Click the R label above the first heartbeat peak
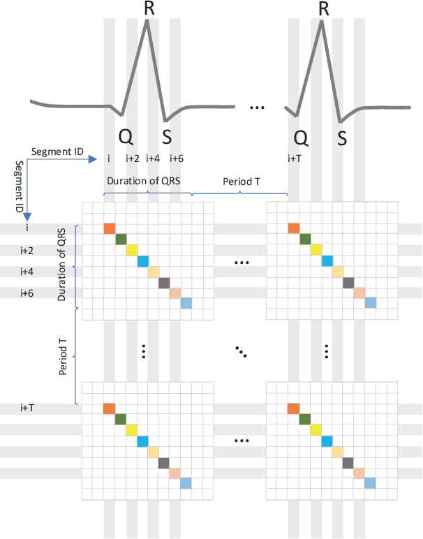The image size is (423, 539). pyautogui.click(x=148, y=9)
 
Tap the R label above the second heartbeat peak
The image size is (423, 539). pyautogui.click(x=323, y=9)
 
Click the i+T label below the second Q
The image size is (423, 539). pyautogui.click(x=294, y=158)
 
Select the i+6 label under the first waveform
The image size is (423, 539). pyautogui.click(x=177, y=158)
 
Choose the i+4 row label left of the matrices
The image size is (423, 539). pyautogui.click(x=27, y=272)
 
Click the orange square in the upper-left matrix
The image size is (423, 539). pyautogui.click(x=109, y=228)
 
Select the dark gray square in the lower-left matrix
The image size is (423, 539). pyautogui.click(x=164, y=462)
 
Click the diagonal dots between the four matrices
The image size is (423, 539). pyautogui.click(x=242, y=351)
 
